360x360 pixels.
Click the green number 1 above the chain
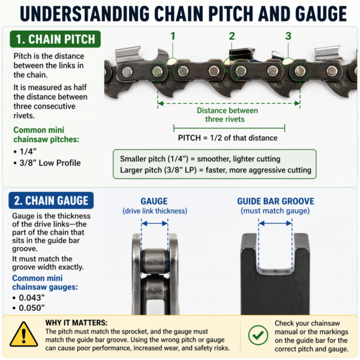coord(173,36)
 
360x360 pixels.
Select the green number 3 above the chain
coord(288,36)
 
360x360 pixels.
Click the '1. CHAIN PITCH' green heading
coord(55,40)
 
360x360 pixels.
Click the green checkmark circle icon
coord(258,334)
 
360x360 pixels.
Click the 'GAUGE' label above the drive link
coord(154,201)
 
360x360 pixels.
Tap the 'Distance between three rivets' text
coord(227,115)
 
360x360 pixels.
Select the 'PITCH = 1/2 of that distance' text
coord(227,137)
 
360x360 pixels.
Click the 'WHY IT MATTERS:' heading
coord(76,322)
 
